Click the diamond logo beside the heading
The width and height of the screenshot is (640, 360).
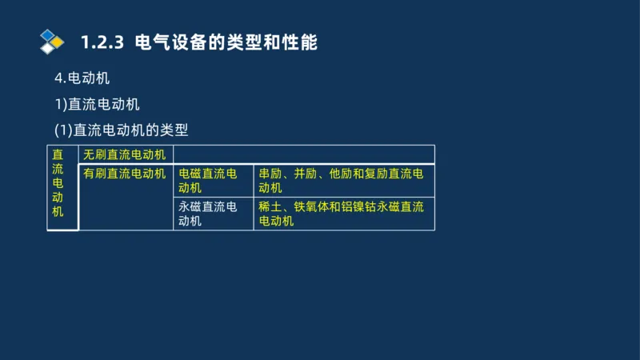point(51,41)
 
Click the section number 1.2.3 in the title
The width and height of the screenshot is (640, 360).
point(102,42)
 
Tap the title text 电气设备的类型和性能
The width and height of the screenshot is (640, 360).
point(227,42)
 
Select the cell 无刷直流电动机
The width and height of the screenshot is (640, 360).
point(125,154)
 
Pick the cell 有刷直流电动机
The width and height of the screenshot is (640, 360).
point(125,173)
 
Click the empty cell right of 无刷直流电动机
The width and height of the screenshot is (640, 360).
point(304,154)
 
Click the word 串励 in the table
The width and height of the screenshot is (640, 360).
point(270,173)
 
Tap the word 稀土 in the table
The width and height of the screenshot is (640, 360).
point(270,206)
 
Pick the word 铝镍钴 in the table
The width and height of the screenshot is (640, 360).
point(360,206)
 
